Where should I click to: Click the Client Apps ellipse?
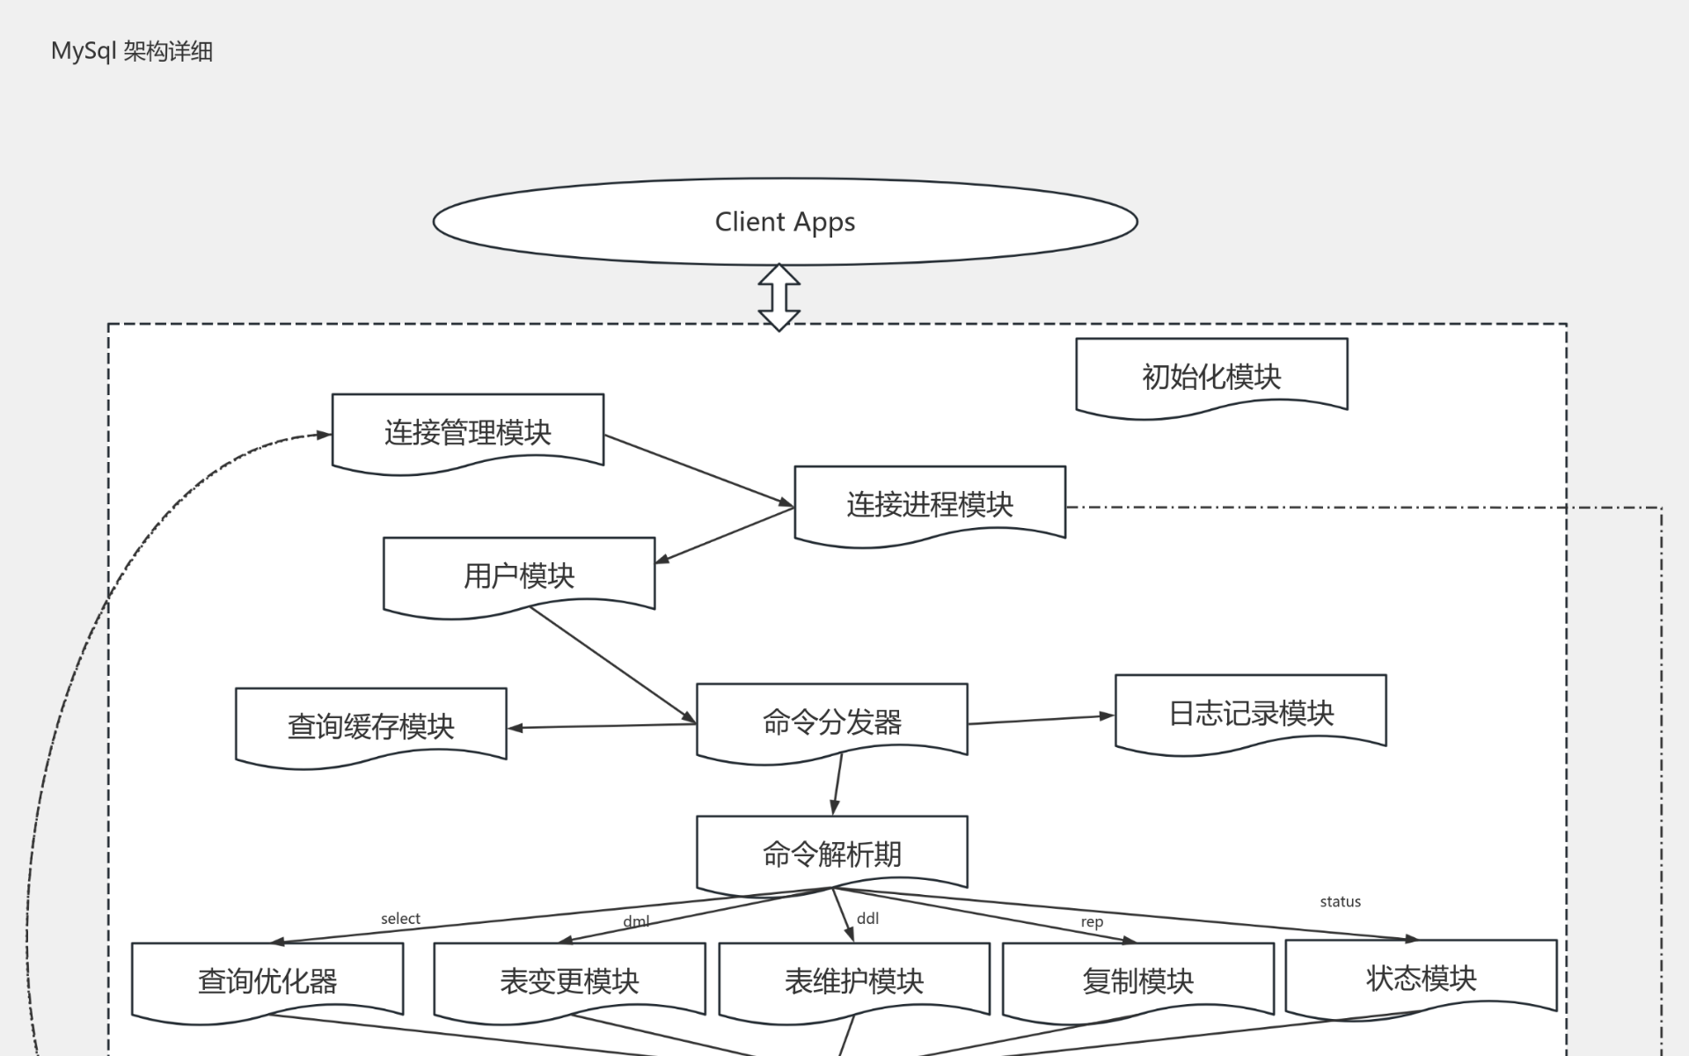785,222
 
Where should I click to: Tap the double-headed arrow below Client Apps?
779,297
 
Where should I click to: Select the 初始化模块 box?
1211,376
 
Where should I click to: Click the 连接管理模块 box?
468,431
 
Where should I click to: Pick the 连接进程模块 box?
930,503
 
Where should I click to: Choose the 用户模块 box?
519,576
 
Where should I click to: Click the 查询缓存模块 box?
371,726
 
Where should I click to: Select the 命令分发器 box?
832,722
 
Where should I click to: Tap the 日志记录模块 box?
1251,713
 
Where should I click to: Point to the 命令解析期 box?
832,853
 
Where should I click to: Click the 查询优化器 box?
267,980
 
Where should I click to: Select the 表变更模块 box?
569,980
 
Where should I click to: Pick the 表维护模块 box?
854,980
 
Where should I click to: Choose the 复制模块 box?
1138,980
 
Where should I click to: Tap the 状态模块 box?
1421,978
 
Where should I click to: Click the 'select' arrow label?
400,919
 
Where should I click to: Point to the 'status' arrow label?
1340,902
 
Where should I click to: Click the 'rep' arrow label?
1092,922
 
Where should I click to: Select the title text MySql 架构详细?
132,51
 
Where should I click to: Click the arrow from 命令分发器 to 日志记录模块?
1041,720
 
